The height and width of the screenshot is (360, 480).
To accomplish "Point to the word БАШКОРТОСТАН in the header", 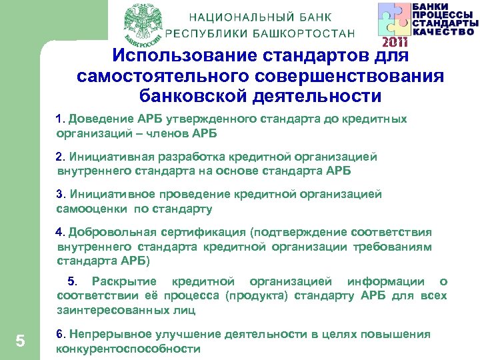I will pos(306,33).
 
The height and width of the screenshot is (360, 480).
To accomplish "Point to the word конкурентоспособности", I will pos(128,349).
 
